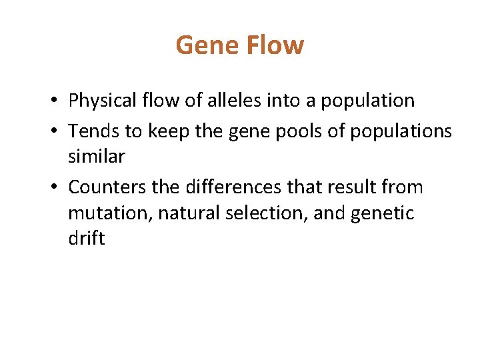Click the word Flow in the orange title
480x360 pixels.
pyautogui.click(x=275, y=45)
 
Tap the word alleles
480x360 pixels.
pyautogui.click(x=233, y=101)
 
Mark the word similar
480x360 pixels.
pyautogui.click(x=97, y=157)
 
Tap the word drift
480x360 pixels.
pyautogui.click(x=86, y=239)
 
